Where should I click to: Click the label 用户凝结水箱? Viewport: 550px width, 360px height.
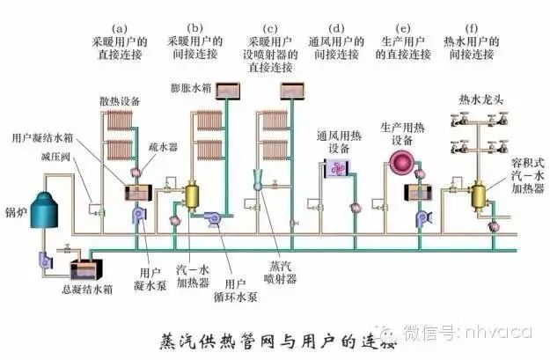tap(43, 139)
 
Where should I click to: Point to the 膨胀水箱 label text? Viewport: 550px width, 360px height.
tap(191, 90)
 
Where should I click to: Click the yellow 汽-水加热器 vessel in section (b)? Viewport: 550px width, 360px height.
tap(192, 194)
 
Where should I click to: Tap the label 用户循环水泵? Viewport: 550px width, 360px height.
tap(238, 290)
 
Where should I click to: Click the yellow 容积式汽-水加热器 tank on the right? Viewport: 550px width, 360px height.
tap(481, 194)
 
